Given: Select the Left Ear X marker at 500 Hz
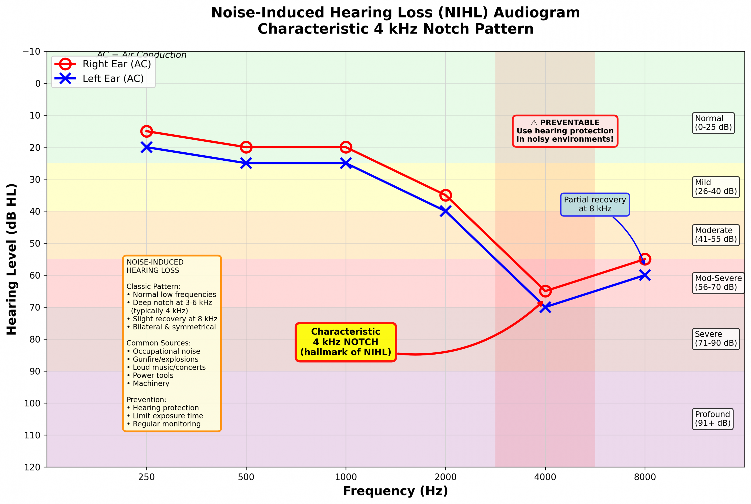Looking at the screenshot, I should click(x=246, y=163).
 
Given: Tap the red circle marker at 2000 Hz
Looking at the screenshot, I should click(x=445, y=195).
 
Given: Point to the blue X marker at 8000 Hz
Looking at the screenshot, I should click(x=645, y=275).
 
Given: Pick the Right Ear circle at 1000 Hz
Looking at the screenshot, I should click(x=346, y=147).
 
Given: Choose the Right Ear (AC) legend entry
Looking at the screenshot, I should click(x=116, y=64).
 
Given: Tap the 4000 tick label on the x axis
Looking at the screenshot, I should click(x=545, y=477).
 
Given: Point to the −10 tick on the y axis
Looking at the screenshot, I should click(x=32, y=52).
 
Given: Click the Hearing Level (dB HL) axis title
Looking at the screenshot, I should click(x=12, y=259).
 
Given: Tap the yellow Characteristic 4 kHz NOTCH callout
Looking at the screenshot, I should click(x=346, y=342).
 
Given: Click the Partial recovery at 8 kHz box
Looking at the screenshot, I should click(x=595, y=204).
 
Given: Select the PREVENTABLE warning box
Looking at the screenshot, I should click(x=565, y=131).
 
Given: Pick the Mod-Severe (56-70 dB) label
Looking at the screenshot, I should click(x=718, y=283).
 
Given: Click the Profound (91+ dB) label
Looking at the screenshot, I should click(x=713, y=418).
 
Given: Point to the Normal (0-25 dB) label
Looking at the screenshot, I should click(x=713, y=123).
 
